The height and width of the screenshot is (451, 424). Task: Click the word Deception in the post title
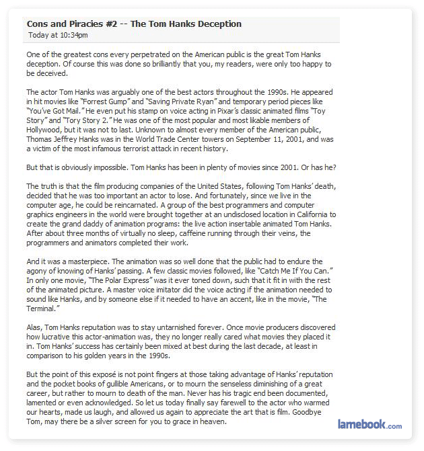point(219,24)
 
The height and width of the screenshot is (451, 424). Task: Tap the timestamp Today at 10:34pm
point(58,35)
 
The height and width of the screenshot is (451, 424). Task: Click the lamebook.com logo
point(369,425)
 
